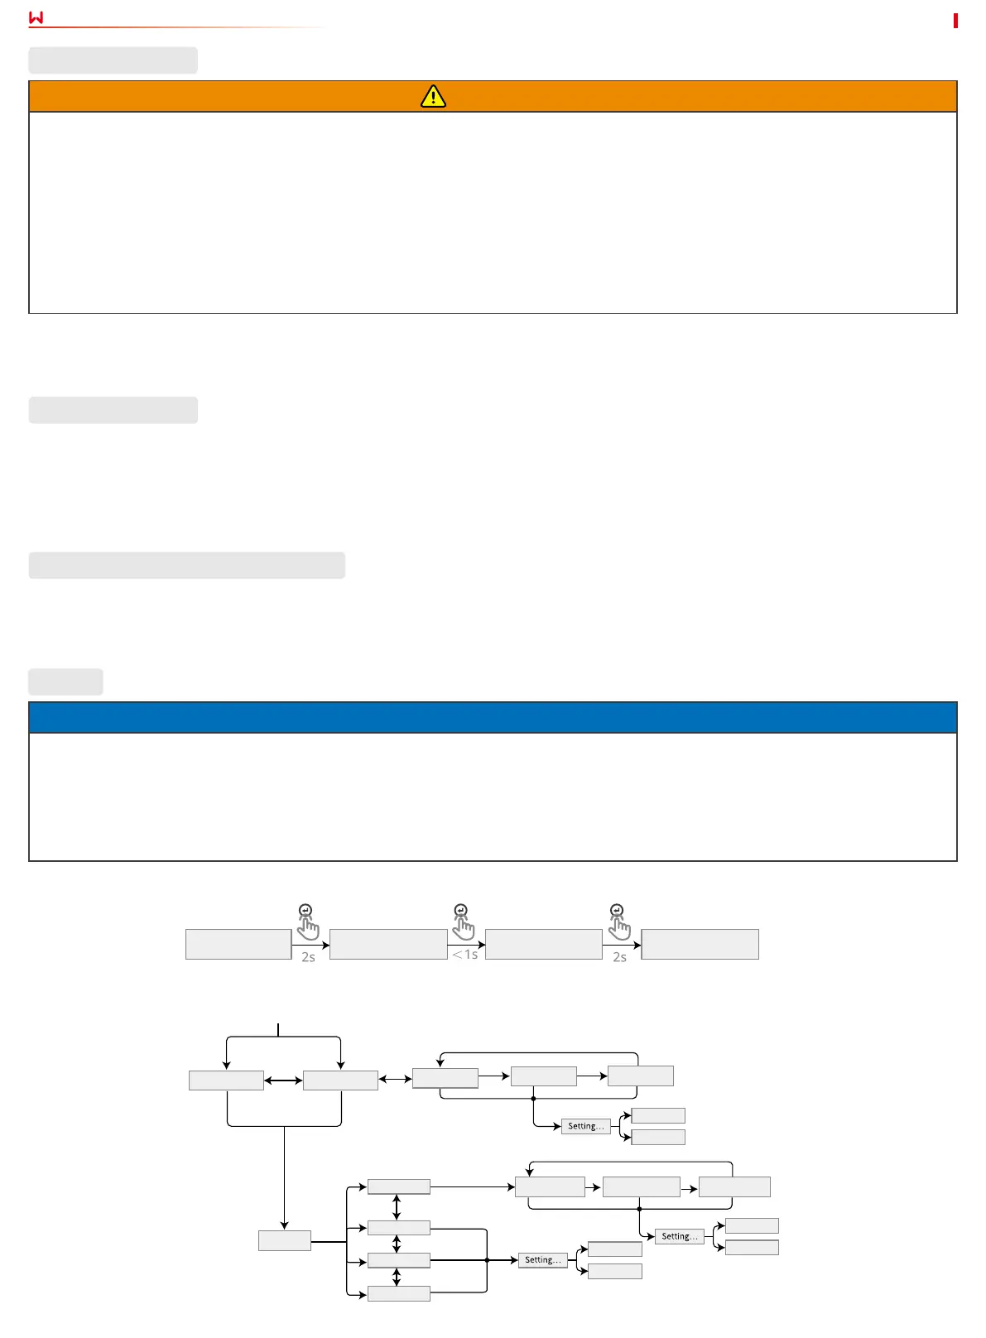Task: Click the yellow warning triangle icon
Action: tap(433, 97)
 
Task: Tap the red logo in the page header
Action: tap(36, 17)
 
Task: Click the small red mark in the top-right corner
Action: tap(955, 21)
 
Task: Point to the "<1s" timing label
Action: tap(465, 955)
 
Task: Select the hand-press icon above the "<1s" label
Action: tap(463, 922)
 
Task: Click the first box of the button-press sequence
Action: tap(238, 944)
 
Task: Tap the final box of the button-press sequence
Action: tap(700, 944)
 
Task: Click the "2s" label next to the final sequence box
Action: tap(619, 957)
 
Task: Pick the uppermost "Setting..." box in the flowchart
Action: tap(586, 1126)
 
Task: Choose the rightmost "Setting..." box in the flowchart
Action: tap(680, 1236)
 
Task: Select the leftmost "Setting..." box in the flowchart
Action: tap(543, 1260)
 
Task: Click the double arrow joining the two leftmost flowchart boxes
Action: tap(283, 1081)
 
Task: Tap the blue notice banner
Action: tap(493, 717)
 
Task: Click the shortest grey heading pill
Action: tap(65, 681)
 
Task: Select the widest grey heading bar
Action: tap(186, 565)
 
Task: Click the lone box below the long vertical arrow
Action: tap(284, 1240)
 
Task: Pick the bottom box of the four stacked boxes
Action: tap(398, 1293)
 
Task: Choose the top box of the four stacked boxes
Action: tap(398, 1186)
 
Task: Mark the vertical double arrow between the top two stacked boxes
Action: tap(397, 1207)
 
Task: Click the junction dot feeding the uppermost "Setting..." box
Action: tap(533, 1099)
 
